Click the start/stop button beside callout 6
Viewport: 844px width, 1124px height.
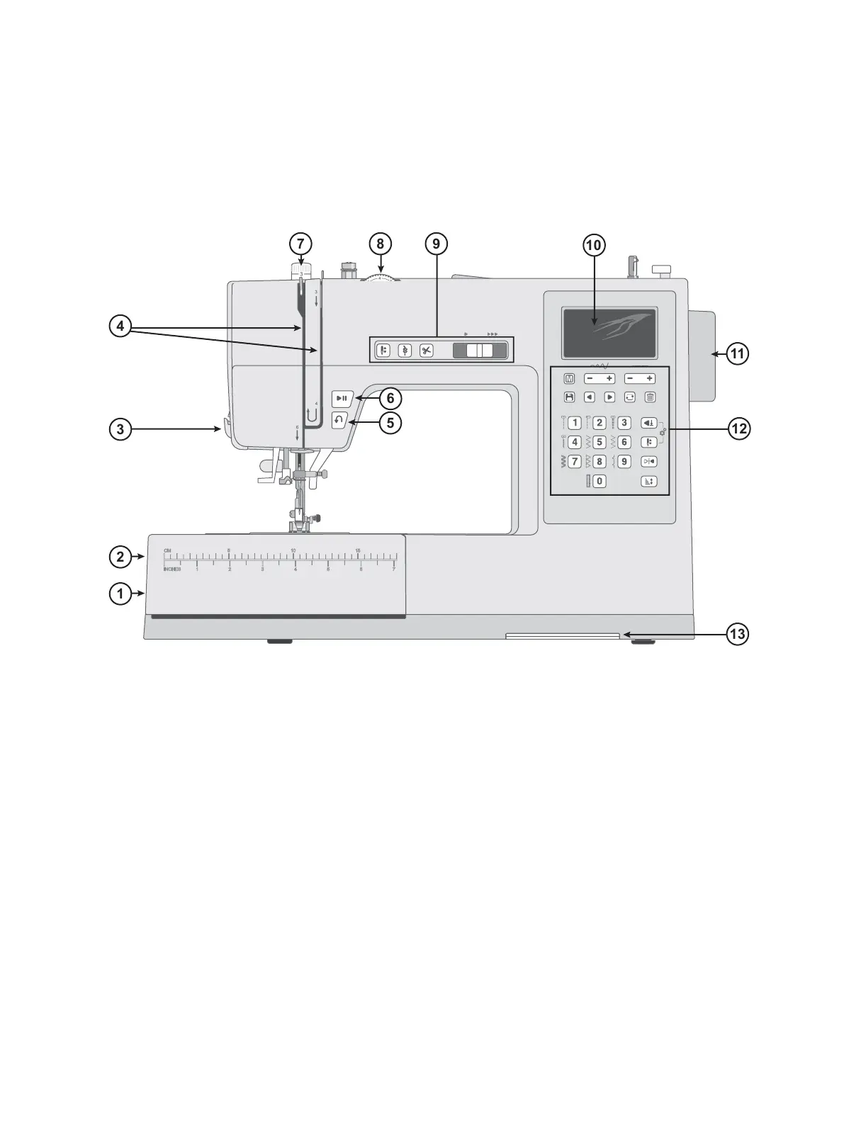tap(342, 398)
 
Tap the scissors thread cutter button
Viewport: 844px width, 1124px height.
tap(426, 351)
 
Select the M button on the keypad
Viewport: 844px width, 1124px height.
tap(568, 379)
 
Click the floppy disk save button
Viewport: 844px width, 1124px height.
tap(568, 397)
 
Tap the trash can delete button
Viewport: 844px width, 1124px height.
tap(650, 397)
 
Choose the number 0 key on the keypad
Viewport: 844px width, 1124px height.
tap(599, 482)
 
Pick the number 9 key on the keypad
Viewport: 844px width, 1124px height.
tap(624, 462)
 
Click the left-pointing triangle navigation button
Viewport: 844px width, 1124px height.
tap(589, 397)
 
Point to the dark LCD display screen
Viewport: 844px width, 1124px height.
tap(609, 332)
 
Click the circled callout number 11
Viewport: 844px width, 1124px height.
tap(738, 353)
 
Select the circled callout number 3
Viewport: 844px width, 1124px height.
tap(120, 428)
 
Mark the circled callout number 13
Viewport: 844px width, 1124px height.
tap(738, 634)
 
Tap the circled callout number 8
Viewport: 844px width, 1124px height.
tap(380, 244)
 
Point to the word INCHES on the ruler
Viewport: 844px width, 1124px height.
tap(171, 569)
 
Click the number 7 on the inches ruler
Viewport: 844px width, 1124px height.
tap(393, 569)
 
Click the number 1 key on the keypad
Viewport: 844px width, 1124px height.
tap(575, 423)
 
